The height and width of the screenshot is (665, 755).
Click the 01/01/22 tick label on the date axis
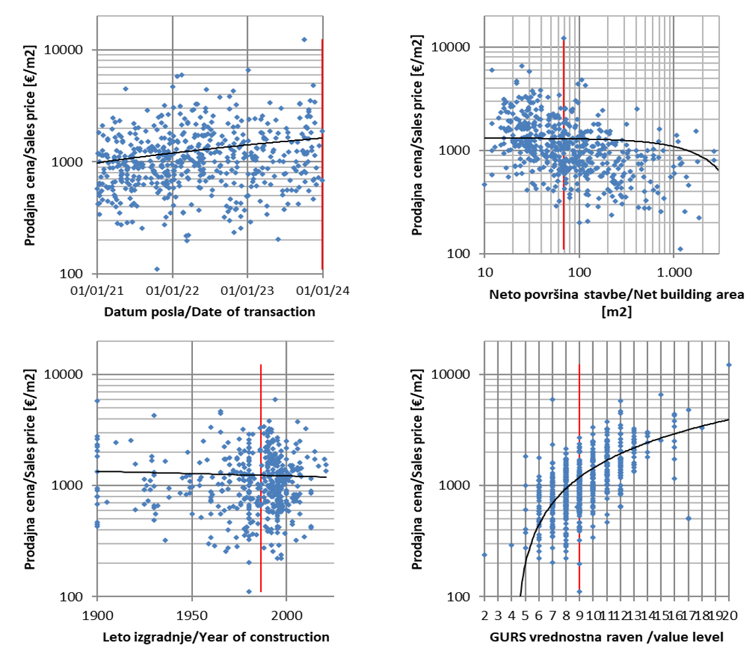(x=172, y=290)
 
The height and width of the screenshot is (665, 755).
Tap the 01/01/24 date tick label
(x=322, y=290)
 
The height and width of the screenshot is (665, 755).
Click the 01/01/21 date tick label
(x=97, y=290)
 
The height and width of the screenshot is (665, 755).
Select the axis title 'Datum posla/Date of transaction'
(x=210, y=311)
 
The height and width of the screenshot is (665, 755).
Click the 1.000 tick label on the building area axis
(x=674, y=271)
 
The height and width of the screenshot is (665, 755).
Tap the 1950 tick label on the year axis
(x=192, y=613)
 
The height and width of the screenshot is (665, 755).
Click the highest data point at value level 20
(x=729, y=364)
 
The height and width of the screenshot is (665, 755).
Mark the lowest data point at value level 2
(x=485, y=555)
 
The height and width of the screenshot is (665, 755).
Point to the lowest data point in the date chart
(x=157, y=269)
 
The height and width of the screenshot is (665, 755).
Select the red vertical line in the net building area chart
(x=563, y=145)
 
